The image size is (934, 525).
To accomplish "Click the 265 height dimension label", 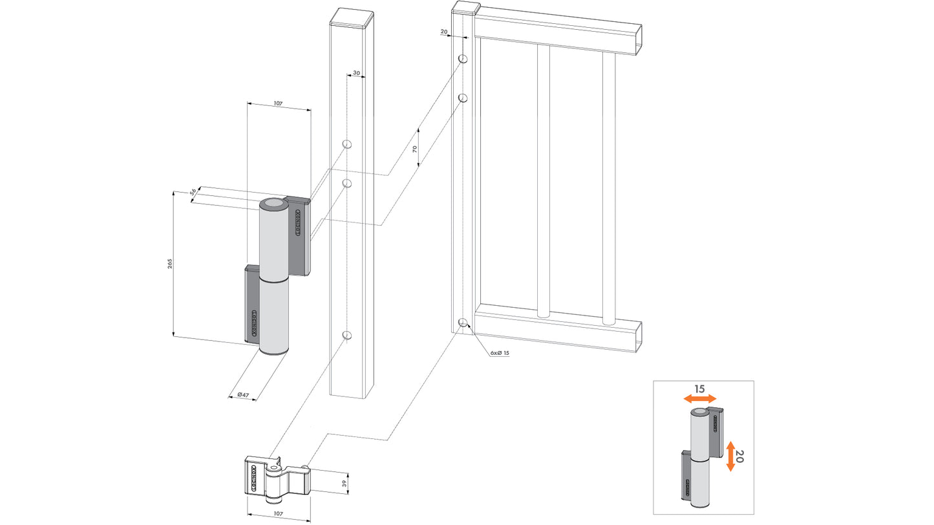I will pyautogui.click(x=170, y=264).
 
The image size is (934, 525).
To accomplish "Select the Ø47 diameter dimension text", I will pyautogui.click(x=244, y=394).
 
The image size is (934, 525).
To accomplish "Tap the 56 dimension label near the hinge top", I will pyautogui.click(x=193, y=192).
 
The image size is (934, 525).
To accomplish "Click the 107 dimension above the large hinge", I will pyautogui.click(x=279, y=103).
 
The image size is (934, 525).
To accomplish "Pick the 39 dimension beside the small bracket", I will pyautogui.click(x=344, y=482).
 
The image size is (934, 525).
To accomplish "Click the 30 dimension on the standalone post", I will pyautogui.click(x=356, y=74).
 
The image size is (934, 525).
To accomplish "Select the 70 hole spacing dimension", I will pyautogui.click(x=415, y=148).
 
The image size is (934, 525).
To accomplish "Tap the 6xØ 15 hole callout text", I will pyautogui.click(x=500, y=353).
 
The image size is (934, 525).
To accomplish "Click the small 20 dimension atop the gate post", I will pyautogui.click(x=444, y=31).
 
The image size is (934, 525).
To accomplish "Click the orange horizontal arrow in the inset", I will pyautogui.click(x=700, y=400).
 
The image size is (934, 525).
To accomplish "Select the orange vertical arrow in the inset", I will pyautogui.click(x=730, y=456).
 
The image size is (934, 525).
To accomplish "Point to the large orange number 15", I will pyautogui.click(x=699, y=389).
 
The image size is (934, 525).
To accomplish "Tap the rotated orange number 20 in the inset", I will pyautogui.click(x=741, y=456).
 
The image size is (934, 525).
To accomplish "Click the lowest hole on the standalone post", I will pyautogui.click(x=346, y=335).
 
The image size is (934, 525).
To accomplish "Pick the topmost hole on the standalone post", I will pyautogui.click(x=346, y=144).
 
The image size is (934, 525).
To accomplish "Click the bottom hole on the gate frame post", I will pyautogui.click(x=463, y=322).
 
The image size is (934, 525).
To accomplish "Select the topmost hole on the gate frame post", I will pyautogui.click(x=463, y=59).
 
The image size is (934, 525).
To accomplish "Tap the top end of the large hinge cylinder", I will pyautogui.click(x=274, y=204).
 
